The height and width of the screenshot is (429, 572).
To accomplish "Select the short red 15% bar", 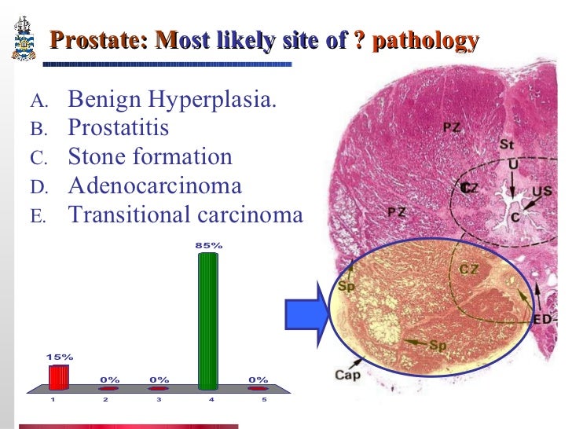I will point(59,377).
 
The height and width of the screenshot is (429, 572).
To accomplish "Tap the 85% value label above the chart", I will point(209,245).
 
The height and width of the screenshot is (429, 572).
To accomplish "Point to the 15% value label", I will point(59,357).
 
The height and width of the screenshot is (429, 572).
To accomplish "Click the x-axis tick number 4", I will point(211,400).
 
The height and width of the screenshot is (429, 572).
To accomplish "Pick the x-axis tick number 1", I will point(53,400).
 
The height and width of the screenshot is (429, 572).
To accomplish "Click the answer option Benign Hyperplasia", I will point(172,100).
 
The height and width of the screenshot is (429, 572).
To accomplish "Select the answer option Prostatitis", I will point(119,128).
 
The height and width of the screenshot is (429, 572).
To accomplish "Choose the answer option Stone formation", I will point(150,156).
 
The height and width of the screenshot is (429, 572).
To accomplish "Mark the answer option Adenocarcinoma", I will point(155,185).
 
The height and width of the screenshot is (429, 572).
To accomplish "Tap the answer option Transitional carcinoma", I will point(185,214).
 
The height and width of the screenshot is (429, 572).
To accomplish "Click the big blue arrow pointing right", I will point(306,312).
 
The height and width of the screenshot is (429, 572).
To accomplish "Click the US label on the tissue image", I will point(541,191).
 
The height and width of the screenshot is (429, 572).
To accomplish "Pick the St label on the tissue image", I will point(507,145).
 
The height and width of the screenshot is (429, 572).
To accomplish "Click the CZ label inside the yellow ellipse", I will point(469,269).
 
